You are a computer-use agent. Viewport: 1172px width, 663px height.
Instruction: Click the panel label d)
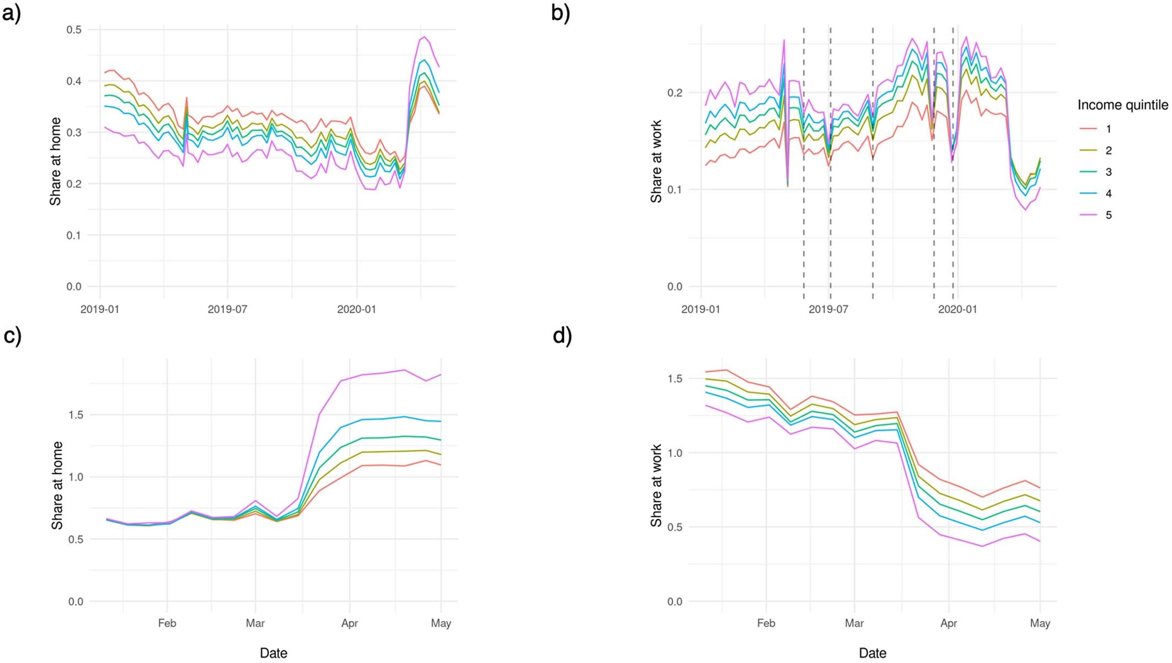tap(562, 336)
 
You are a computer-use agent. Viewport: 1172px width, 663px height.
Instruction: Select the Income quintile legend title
tap(1122, 105)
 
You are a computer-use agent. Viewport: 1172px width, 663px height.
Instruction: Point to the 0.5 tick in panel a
tap(74, 30)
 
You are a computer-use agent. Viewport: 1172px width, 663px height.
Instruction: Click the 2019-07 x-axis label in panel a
tap(227, 309)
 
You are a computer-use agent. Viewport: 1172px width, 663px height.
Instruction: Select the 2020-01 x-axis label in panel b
tap(957, 309)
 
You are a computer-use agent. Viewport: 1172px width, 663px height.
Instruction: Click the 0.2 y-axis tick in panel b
tap(675, 93)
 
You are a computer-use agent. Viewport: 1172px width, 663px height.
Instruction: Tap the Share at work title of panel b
tap(656, 161)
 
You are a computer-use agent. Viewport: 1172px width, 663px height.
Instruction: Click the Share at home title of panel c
tap(57, 485)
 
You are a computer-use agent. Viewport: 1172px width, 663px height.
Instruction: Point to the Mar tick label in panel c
tap(255, 623)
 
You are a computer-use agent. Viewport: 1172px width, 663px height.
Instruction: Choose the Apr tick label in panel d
tap(948, 623)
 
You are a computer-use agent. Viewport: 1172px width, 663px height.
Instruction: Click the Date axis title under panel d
tap(873, 653)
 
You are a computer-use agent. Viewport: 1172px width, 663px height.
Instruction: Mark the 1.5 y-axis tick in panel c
tap(76, 415)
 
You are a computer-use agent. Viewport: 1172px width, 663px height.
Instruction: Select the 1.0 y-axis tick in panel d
tap(675, 453)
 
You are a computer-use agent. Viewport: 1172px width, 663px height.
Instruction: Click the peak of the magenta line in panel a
tap(423, 37)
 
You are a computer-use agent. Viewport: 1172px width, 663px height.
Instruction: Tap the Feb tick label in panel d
tap(766, 623)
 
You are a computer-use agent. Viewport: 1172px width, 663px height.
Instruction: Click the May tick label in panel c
tap(441, 623)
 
